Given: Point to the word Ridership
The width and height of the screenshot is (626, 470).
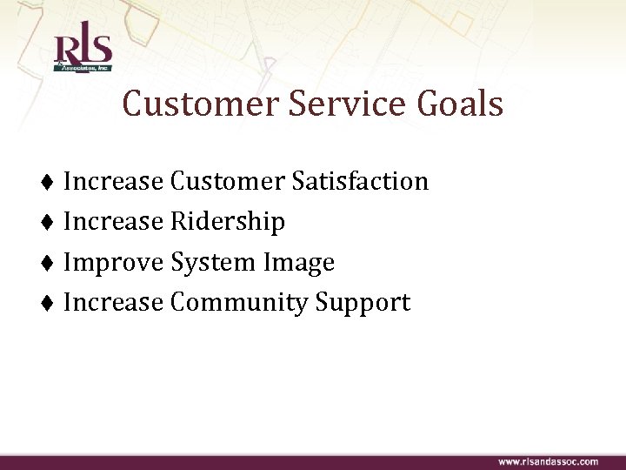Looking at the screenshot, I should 228,222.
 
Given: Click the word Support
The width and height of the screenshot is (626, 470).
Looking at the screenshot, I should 363,302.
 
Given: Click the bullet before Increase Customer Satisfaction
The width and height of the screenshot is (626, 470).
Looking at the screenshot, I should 49,182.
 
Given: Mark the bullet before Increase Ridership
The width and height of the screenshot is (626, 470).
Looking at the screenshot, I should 49,223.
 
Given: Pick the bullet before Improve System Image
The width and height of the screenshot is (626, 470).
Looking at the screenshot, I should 49,263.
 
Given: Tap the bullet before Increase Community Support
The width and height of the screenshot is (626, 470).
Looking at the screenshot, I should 49,303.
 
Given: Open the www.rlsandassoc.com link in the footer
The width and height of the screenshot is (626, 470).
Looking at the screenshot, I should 548,461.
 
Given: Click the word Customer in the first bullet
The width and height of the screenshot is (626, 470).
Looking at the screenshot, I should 227,181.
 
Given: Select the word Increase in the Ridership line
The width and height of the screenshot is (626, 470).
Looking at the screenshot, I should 113,222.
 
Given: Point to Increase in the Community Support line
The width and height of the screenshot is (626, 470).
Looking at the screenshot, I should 113,302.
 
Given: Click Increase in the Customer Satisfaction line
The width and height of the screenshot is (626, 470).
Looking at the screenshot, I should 113,181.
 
